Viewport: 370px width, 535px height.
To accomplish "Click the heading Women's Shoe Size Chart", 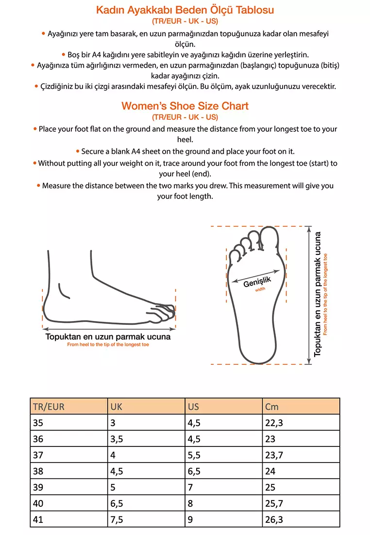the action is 185,106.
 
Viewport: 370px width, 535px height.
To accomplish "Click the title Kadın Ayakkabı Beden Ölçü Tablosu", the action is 185,10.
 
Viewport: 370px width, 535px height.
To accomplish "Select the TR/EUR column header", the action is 49,407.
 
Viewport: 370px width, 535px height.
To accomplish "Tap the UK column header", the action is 116,407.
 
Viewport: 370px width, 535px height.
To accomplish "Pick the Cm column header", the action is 272,407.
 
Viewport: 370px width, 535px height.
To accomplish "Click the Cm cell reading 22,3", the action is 274,423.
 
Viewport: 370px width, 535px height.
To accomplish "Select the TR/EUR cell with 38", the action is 38,471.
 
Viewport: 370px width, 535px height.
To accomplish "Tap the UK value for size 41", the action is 117,519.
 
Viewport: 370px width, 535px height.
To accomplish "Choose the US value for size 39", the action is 190,487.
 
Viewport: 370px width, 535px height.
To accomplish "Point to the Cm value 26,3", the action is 274,519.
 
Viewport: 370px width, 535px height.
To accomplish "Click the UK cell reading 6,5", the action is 117,503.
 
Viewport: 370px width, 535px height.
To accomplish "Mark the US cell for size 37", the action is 194,455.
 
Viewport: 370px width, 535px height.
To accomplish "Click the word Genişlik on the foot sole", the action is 257,282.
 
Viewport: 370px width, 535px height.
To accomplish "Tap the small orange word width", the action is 260,289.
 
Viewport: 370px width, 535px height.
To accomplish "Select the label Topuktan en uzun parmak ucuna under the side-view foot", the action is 108,337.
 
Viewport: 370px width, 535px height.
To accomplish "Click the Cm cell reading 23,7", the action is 274,455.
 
